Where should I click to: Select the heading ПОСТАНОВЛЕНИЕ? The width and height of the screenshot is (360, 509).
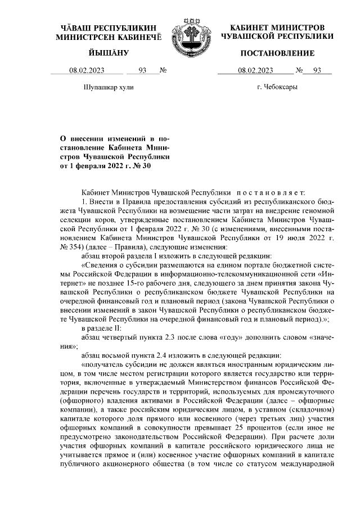click(277, 53)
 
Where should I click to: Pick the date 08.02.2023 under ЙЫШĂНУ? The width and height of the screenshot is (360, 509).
click(87, 70)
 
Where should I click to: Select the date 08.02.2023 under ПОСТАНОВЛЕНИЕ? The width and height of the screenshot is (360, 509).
click(255, 70)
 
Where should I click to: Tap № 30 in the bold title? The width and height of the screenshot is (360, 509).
click(142, 166)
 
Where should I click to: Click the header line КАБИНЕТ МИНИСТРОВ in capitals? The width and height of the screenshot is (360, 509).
click(277, 28)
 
